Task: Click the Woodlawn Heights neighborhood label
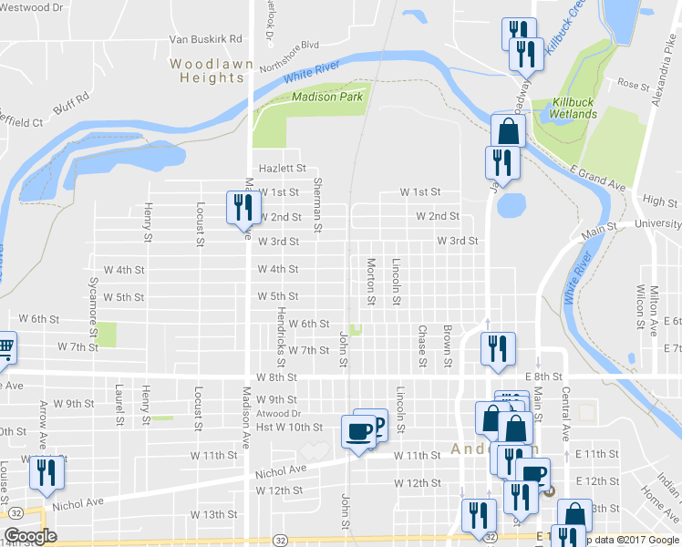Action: pyautogui.click(x=207, y=71)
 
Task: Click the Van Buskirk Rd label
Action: pyautogui.click(x=205, y=40)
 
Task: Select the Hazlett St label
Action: pyautogui.click(x=281, y=169)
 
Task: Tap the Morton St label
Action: pyautogui.click(x=371, y=281)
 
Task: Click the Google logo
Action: pyautogui.click(x=30, y=536)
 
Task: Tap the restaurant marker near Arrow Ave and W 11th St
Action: pyautogui.click(x=43, y=473)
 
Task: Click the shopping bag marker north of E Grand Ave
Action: pyautogui.click(x=508, y=131)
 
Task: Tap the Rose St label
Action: pyautogui.click(x=631, y=83)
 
